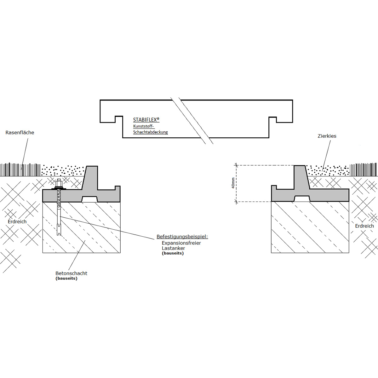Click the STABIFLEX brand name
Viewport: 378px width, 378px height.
tap(145, 120)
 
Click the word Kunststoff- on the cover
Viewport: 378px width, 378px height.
tap(143, 126)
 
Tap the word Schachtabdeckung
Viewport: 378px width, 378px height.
tap(151, 132)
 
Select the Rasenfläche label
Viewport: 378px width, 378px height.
tap(20, 133)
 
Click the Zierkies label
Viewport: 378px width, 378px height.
tap(327, 136)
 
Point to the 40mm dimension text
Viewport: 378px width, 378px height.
tap(233, 183)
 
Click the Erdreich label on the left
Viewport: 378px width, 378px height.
tap(17, 222)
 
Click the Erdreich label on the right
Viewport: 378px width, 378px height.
tap(364, 226)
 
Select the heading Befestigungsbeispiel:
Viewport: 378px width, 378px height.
tap(182, 237)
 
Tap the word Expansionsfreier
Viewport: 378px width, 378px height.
tap(181, 243)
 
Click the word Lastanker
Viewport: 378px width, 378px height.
tap(173, 248)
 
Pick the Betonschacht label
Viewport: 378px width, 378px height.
tap(72, 273)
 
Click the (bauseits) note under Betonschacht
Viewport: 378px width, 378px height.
tap(66, 278)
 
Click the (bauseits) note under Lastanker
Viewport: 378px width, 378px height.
tap(173, 253)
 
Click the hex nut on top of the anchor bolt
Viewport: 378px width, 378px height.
tap(59, 184)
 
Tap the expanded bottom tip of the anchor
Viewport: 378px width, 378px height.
tap(59, 230)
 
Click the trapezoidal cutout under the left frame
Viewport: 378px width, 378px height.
tap(89, 199)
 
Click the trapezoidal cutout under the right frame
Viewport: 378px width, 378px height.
tap(302, 198)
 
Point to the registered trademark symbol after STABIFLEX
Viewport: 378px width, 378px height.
tap(158, 119)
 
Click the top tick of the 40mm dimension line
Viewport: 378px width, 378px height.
tap(236, 165)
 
